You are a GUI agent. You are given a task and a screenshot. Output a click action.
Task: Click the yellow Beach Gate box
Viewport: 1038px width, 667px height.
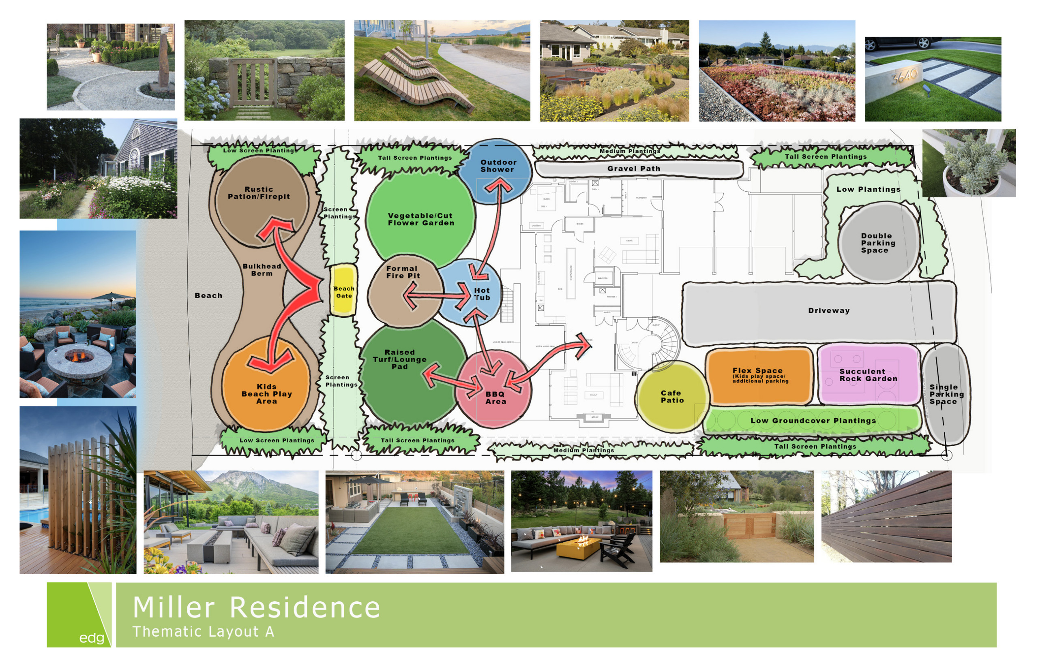(343, 290)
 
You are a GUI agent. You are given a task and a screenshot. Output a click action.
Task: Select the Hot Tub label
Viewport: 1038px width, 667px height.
(482, 294)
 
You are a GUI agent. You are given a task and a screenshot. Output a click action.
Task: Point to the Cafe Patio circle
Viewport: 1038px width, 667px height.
(672, 397)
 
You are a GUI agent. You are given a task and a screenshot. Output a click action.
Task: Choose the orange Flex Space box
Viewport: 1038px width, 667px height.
(759, 376)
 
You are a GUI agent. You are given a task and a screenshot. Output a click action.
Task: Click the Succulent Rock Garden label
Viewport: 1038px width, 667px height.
(868, 375)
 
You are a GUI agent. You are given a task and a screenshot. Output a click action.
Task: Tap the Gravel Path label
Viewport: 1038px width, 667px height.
(634, 169)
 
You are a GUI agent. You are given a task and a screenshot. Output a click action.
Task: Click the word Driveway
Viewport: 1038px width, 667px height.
(829, 310)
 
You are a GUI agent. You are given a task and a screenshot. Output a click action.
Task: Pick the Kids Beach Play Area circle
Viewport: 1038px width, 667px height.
(266, 385)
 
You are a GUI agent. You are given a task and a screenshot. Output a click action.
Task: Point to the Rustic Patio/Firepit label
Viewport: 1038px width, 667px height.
(259, 193)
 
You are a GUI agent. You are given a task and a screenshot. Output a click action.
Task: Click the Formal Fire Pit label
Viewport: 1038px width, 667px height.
(403, 272)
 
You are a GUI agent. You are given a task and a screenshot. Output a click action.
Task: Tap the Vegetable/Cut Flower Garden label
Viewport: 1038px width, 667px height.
(421, 219)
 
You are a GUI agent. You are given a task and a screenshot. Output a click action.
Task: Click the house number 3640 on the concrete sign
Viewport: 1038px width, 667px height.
(904, 76)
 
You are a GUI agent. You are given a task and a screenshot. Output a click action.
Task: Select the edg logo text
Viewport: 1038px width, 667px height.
(92, 637)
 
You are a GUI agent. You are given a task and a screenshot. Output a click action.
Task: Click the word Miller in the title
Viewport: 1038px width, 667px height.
(174, 607)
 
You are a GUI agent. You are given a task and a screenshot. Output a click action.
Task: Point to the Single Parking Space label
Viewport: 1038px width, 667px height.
(946, 394)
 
